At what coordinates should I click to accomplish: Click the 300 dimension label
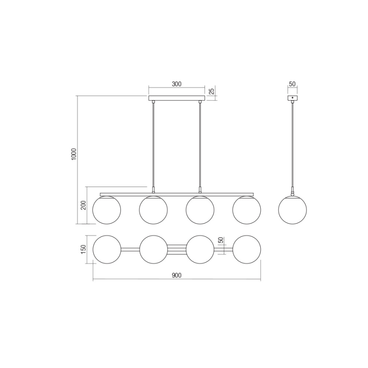pyautogui.click(x=176, y=84)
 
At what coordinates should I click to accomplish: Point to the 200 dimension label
pyautogui.click(x=83, y=205)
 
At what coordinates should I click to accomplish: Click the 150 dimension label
pyautogui.click(x=83, y=249)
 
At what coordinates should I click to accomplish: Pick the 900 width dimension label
pyautogui.click(x=176, y=276)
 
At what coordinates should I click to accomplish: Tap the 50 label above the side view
pyautogui.click(x=292, y=84)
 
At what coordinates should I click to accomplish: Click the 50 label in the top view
pyautogui.click(x=220, y=240)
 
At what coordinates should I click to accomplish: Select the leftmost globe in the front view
pyautogui.click(x=106, y=209)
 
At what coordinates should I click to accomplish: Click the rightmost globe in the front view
pyautogui.click(x=247, y=209)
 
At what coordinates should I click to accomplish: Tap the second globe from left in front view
pyautogui.click(x=153, y=209)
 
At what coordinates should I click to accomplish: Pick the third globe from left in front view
pyautogui.click(x=200, y=209)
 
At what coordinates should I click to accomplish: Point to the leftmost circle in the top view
pyautogui.click(x=106, y=249)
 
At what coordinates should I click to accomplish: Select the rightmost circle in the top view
pyautogui.click(x=247, y=249)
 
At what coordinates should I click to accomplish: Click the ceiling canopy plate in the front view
pyautogui.click(x=176, y=98)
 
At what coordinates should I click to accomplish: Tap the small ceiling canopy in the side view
pyautogui.click(x=293, y=98)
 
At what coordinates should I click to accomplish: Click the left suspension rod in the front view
pyautogui.click(x=153, y=144)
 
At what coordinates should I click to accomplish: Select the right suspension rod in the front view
pyautogui.click(x=200, y=144)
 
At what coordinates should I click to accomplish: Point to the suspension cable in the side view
pyautogui.click(x=293, y=144)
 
